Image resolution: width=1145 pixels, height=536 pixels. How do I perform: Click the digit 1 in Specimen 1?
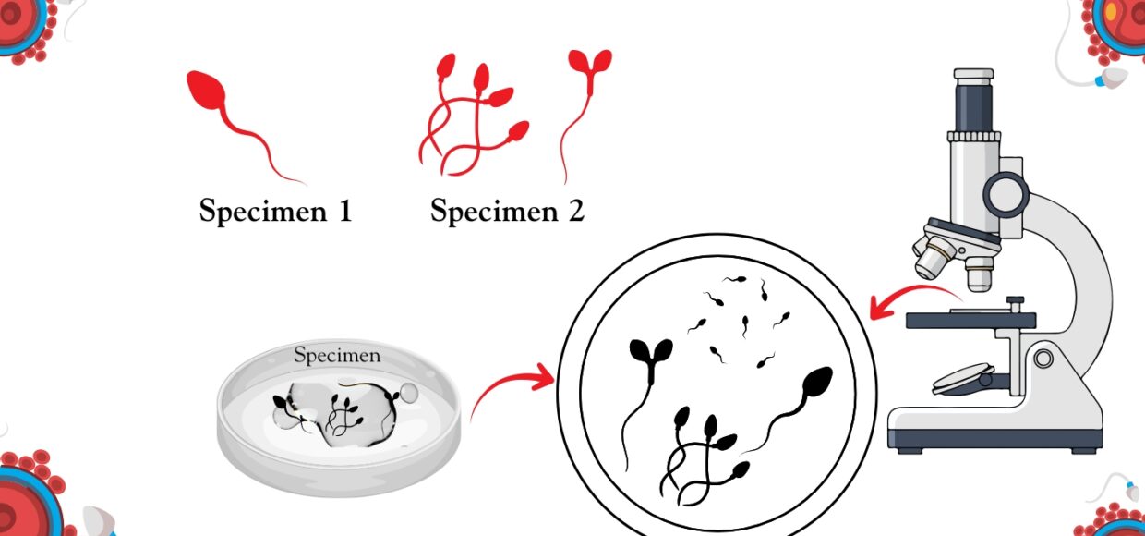345,210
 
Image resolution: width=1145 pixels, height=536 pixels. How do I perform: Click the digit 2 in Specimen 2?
576,210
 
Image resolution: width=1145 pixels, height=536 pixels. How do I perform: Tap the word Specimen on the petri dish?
337,355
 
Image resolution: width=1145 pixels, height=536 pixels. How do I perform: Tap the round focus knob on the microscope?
1006,195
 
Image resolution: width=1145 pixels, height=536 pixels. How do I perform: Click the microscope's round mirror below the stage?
963,379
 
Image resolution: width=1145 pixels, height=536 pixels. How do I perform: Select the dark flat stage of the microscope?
970,321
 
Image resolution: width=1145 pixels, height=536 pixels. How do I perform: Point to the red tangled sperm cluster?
473,116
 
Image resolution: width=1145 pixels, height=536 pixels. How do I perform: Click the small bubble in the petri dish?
408,392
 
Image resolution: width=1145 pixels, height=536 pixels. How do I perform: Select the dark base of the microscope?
994,439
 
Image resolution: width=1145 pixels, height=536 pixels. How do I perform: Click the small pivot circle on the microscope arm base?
1043,358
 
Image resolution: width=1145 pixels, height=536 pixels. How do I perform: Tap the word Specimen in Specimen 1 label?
263,211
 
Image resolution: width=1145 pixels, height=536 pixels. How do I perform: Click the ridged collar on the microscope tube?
974,137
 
